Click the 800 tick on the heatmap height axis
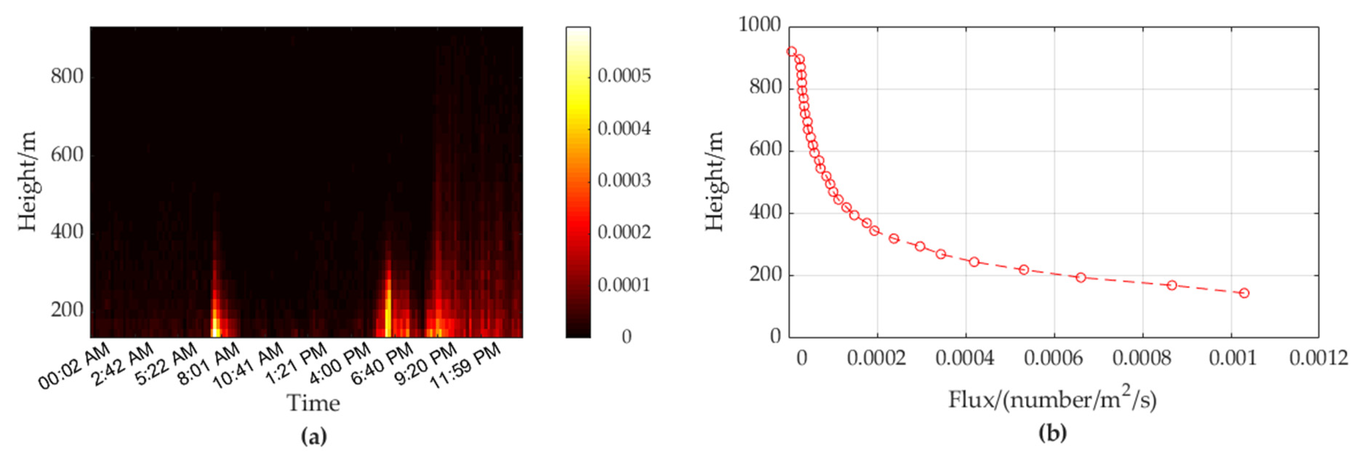click(67, 77)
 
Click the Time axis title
click(313, 403)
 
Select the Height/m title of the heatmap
click(27, 182)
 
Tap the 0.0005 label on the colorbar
click(624, 76)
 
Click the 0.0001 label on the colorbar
click(624, 285)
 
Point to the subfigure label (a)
click(314, 436)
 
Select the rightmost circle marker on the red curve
click(1243, 293)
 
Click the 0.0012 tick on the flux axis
click(1318, 358)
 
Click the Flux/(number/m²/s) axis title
click(1052, 400)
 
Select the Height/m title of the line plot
click(714, 182)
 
